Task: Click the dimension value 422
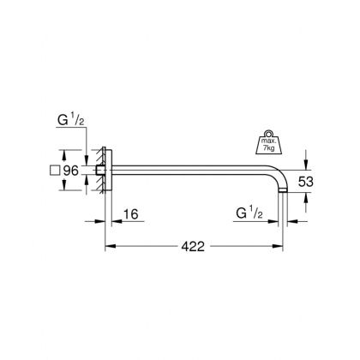193,247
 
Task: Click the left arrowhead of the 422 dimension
108,247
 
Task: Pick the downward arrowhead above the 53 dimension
305,165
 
